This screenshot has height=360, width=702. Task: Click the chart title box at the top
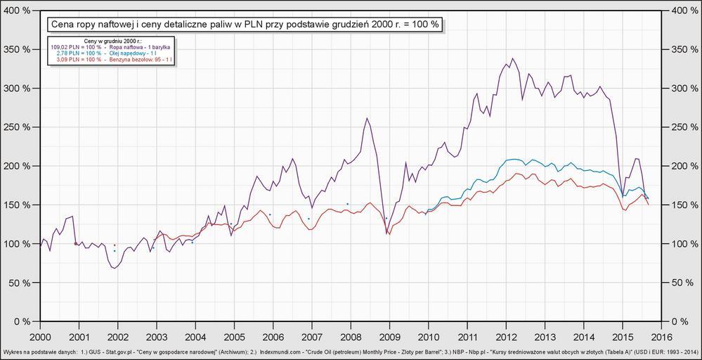click(x=245, y=25)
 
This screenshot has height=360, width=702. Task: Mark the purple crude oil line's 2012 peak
click(x=512, y=58)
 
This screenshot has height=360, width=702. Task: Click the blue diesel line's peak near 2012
click(x=515, y=159)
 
